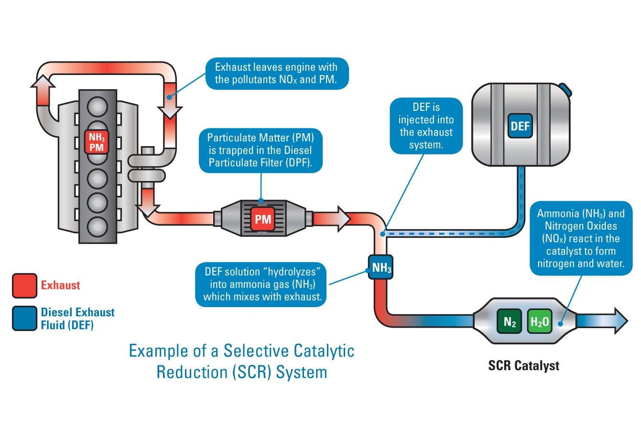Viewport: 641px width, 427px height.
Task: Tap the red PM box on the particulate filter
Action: point(263,219)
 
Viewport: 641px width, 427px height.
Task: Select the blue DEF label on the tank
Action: point(520,126)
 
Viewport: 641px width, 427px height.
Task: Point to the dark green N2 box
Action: point(510,323)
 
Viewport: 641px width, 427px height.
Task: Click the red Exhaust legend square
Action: point(24,286)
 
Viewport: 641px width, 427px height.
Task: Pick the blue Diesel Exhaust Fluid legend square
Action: point(24,318)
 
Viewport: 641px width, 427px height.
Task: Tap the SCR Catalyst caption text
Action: point(523,366)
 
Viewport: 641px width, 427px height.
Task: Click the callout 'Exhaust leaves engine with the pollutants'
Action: point(276,73)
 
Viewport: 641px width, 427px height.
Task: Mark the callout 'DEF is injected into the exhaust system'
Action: point(426,126)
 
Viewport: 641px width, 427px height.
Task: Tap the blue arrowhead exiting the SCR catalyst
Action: point(620,320)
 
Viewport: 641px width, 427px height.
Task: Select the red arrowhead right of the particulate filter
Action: point(343,218)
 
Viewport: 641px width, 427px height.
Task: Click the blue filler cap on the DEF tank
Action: point(566,89)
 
